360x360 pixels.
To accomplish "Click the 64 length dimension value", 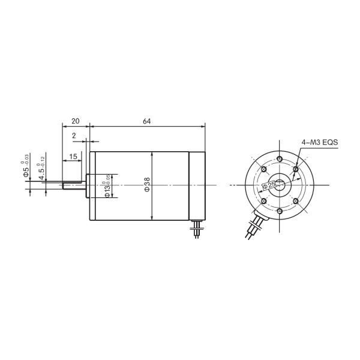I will [146, 121].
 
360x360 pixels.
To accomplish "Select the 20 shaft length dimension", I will [76, 121].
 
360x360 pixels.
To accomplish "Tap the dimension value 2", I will [74, 136].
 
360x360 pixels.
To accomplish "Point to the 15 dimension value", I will [73, 157].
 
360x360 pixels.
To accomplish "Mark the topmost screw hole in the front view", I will [280, 160].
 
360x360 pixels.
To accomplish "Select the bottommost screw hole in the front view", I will [280, 212].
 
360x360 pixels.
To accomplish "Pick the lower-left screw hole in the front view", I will [265, 201].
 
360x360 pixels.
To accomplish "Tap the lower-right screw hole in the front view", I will [295, 201].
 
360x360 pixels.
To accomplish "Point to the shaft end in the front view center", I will [280, 185].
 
